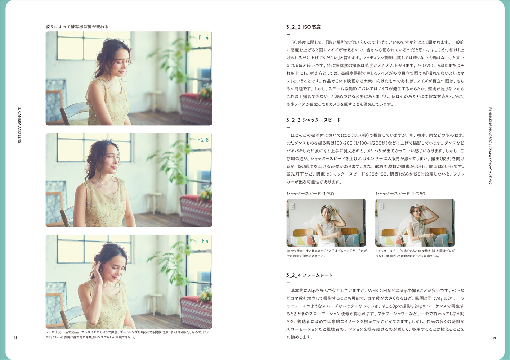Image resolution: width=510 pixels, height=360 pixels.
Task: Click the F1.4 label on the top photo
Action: (x=203, y=37)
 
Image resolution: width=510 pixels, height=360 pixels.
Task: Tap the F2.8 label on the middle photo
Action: (x=203, y=140)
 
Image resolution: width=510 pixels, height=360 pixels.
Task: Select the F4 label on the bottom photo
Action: (x=205, y=241)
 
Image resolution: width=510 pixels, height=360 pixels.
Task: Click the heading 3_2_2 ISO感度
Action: (x=303, y=27)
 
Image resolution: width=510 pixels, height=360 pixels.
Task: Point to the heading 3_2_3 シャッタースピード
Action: (x=313, y=120)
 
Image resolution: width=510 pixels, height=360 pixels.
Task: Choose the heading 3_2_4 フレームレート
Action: (x=309, y=275)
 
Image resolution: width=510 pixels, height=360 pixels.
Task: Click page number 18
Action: (x=16, y=337)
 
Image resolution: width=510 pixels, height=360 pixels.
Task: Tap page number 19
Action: (x=494, y=338)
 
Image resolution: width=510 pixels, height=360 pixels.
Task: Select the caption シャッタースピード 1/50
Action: (x=310, y=194)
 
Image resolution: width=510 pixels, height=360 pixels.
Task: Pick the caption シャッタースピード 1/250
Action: (x=400, y=194)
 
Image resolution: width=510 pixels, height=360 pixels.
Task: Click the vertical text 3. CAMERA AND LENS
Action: (x=19, y=125)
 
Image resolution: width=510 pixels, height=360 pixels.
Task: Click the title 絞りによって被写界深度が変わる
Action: (x=77, y=27)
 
